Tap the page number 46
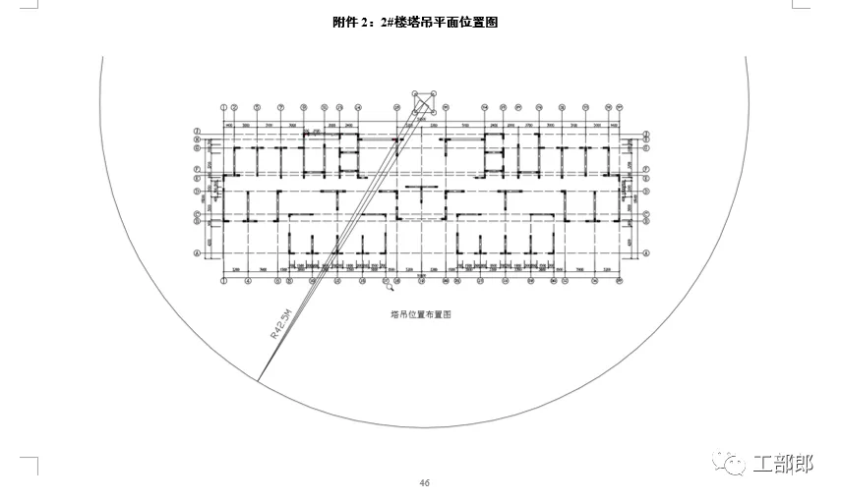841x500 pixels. [x=425, y=482]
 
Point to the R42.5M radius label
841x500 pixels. [x=281, y=322]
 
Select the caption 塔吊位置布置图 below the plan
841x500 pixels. [x=420, y=315]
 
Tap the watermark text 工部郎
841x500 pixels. [x=783, y=463]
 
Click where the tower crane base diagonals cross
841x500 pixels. [x=425, y=103]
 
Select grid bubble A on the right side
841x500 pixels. [x=648, y=252]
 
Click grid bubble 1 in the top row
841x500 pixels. [x=224, y=107]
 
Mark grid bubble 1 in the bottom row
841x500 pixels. [x=224, y=281]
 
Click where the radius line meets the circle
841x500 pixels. [x=259, y=380]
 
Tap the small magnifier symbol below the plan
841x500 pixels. [x=390, y=287]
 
